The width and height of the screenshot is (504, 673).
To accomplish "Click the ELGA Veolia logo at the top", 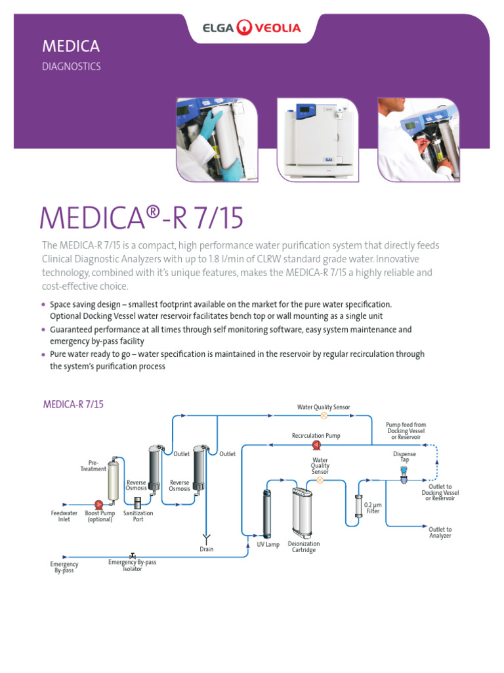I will click(x=252, y=28).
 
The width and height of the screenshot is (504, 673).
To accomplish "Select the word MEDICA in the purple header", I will click(x=71, y=47).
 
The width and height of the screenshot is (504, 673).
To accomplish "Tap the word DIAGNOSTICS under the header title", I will click(x=72, y=66).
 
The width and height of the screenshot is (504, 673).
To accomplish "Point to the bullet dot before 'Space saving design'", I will click(x=43, y=305).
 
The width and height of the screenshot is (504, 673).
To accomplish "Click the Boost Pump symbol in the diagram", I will click(x=99, y=504).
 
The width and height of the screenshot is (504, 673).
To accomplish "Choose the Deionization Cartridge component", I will click(x=303, y=513).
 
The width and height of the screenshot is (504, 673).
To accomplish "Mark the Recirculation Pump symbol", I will click(x=316, y=445).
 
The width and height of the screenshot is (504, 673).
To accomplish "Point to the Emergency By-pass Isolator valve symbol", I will click(x=133, y=555).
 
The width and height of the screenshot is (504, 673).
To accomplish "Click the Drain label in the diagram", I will click(x=206, y=549).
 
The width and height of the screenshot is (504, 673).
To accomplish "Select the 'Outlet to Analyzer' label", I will click(x=440, y=532).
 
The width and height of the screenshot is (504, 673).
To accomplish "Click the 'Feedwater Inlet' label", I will click(x=64, y=516).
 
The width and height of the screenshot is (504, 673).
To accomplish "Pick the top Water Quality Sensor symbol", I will click(x=324, y=415).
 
